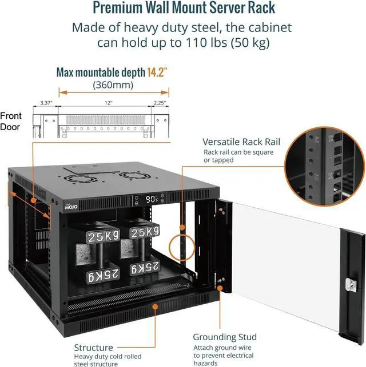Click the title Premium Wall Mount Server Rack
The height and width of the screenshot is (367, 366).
coord(183,9)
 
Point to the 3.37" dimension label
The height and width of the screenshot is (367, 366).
coord(46,103)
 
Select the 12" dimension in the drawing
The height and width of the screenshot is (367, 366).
coord(108,103)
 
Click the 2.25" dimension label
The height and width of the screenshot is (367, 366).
coord(160,103)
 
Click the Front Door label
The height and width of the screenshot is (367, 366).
coord(10,121)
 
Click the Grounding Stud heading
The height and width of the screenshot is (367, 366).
coord(224,337)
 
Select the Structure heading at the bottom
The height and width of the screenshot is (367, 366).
coord(93,347)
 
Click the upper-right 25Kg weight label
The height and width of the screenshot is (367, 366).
coord(145,233)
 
